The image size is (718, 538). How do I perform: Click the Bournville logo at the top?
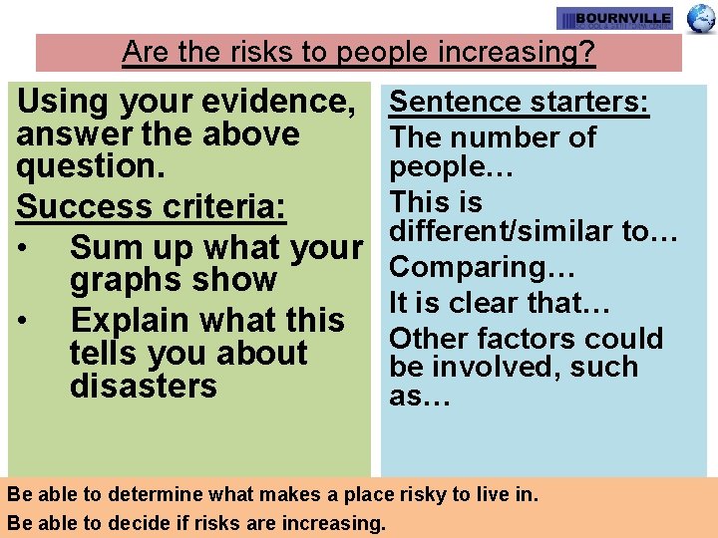pyautogui.click(x=614, y=19)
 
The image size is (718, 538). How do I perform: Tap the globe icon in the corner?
pyautogui.click(x=702, y=18)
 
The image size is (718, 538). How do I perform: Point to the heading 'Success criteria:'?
pyautogui.click(x=153, y=207)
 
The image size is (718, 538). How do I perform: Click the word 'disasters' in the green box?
pyautogui.click(x=144, y=386)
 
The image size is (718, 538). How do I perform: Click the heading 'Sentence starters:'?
pyautogui.click(x=520, y=102)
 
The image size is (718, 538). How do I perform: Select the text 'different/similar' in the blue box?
pyautogui.click(x=501, y=232)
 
